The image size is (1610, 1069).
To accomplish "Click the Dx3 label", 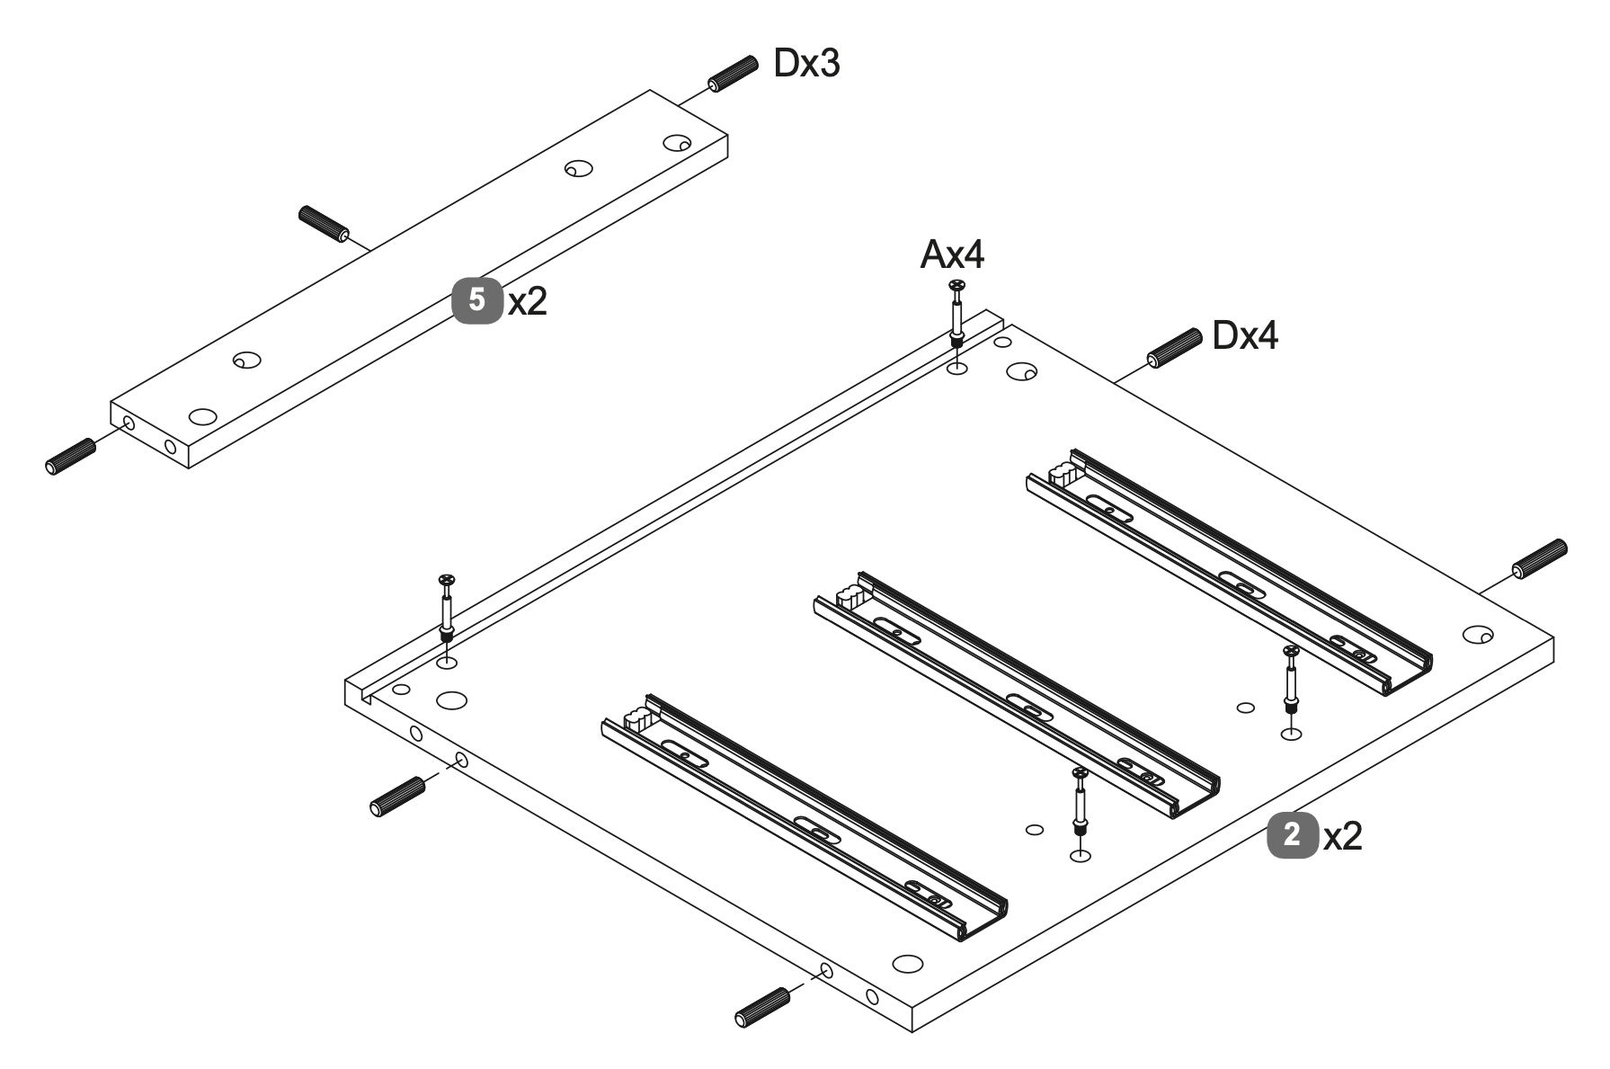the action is coord(806,64).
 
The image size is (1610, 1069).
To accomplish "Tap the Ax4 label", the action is coord(952,256).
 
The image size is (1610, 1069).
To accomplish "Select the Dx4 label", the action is coord(1245,335).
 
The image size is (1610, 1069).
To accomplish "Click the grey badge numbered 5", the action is coord(476,299).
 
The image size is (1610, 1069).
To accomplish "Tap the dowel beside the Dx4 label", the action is coord(1174,347).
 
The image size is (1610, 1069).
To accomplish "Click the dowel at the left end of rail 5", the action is coord(70,456).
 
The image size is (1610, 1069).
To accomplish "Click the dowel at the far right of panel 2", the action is coord(1540,558).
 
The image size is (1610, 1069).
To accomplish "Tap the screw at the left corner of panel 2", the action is coord(447,607).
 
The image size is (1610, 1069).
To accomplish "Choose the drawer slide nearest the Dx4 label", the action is coord(1230,571).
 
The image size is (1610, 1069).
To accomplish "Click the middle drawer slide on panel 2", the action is coord(1018,695).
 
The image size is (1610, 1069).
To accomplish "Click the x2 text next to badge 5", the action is coord(527,302).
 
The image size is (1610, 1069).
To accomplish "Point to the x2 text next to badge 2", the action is coord(1343,838).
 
